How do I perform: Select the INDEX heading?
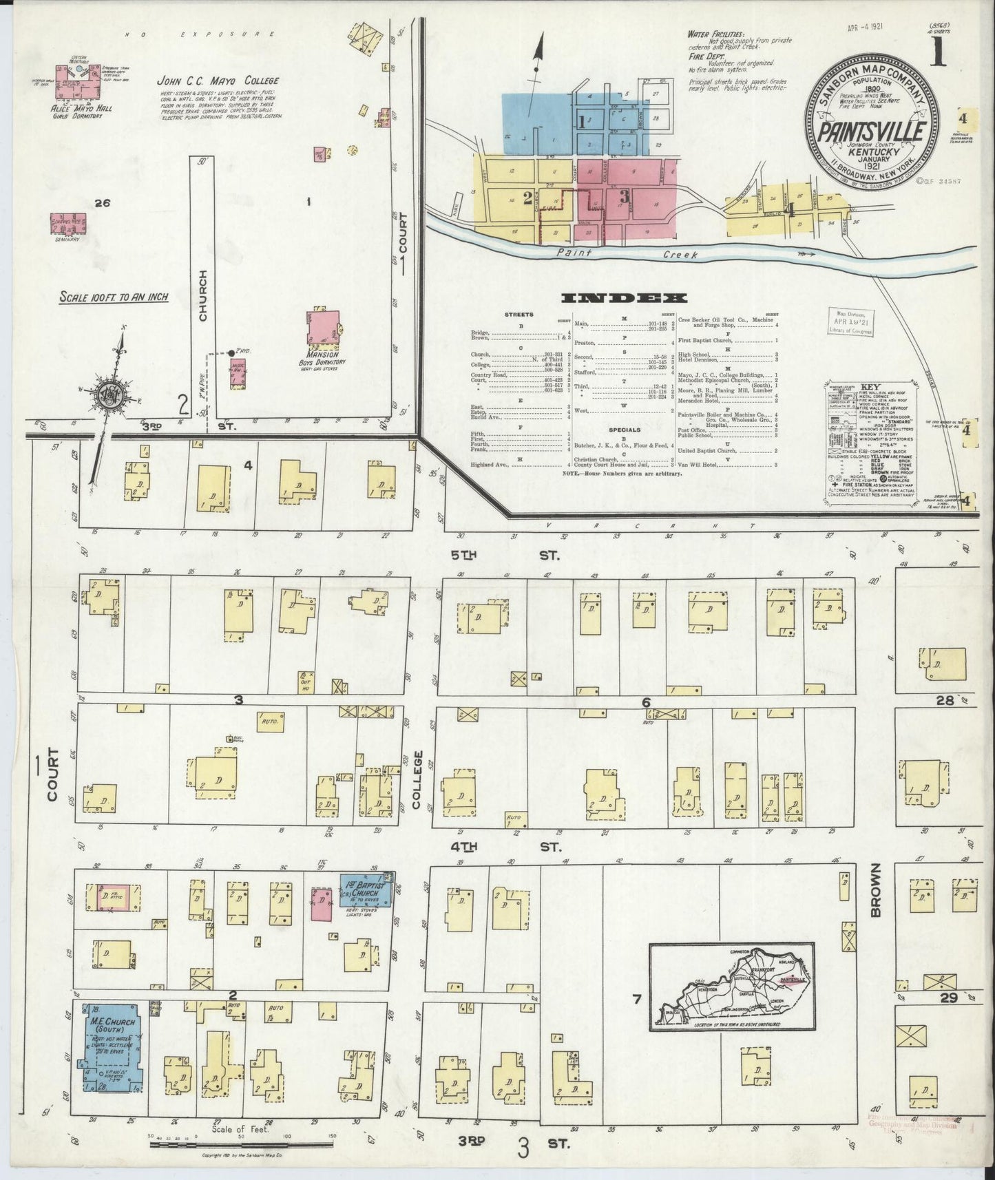tap(625, 298)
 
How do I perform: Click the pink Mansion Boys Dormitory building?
tap(323, 327)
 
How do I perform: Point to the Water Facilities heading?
tap(716, 33)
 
